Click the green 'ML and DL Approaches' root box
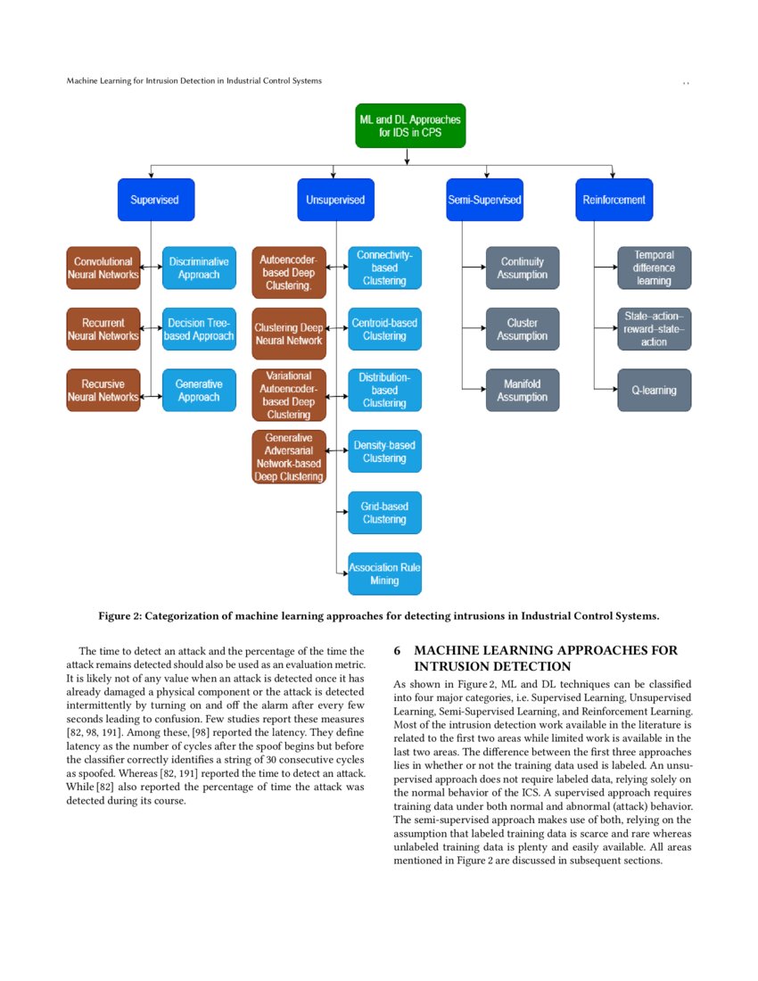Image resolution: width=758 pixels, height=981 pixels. (x=410, y=125)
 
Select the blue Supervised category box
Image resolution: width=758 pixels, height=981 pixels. (x=155, y=200)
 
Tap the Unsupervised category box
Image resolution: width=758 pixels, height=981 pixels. (x=335, y=200)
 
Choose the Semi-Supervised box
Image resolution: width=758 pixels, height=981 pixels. (x=484, y=200)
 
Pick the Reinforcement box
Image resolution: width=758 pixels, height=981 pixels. (x=614, y=200)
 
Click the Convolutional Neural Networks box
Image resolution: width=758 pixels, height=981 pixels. (x=103, y=268)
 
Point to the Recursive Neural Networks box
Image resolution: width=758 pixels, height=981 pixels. (x=103, y=390)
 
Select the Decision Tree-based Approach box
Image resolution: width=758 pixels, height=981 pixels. (x=199, y=329)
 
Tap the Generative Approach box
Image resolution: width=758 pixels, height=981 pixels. (x=199, y=390)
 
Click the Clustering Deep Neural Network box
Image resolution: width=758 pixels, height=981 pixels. (x=289, y=334)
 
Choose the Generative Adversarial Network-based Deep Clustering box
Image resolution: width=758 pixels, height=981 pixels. (x=289, y=457)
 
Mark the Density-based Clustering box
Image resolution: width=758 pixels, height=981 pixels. (x=384, y=451)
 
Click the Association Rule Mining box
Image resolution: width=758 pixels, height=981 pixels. (x=384, y=573)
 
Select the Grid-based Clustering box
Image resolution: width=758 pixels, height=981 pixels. (x=384, y=513)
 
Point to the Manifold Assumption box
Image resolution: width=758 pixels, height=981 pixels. (x=523, y=390)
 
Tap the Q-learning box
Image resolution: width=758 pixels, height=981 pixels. (x=654, y=390)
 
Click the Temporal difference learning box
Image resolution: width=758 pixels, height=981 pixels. (x=654, y=268)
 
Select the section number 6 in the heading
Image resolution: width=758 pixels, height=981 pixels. (x=398, y=651)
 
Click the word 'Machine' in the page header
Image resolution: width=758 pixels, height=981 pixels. (x=84, y=81)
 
